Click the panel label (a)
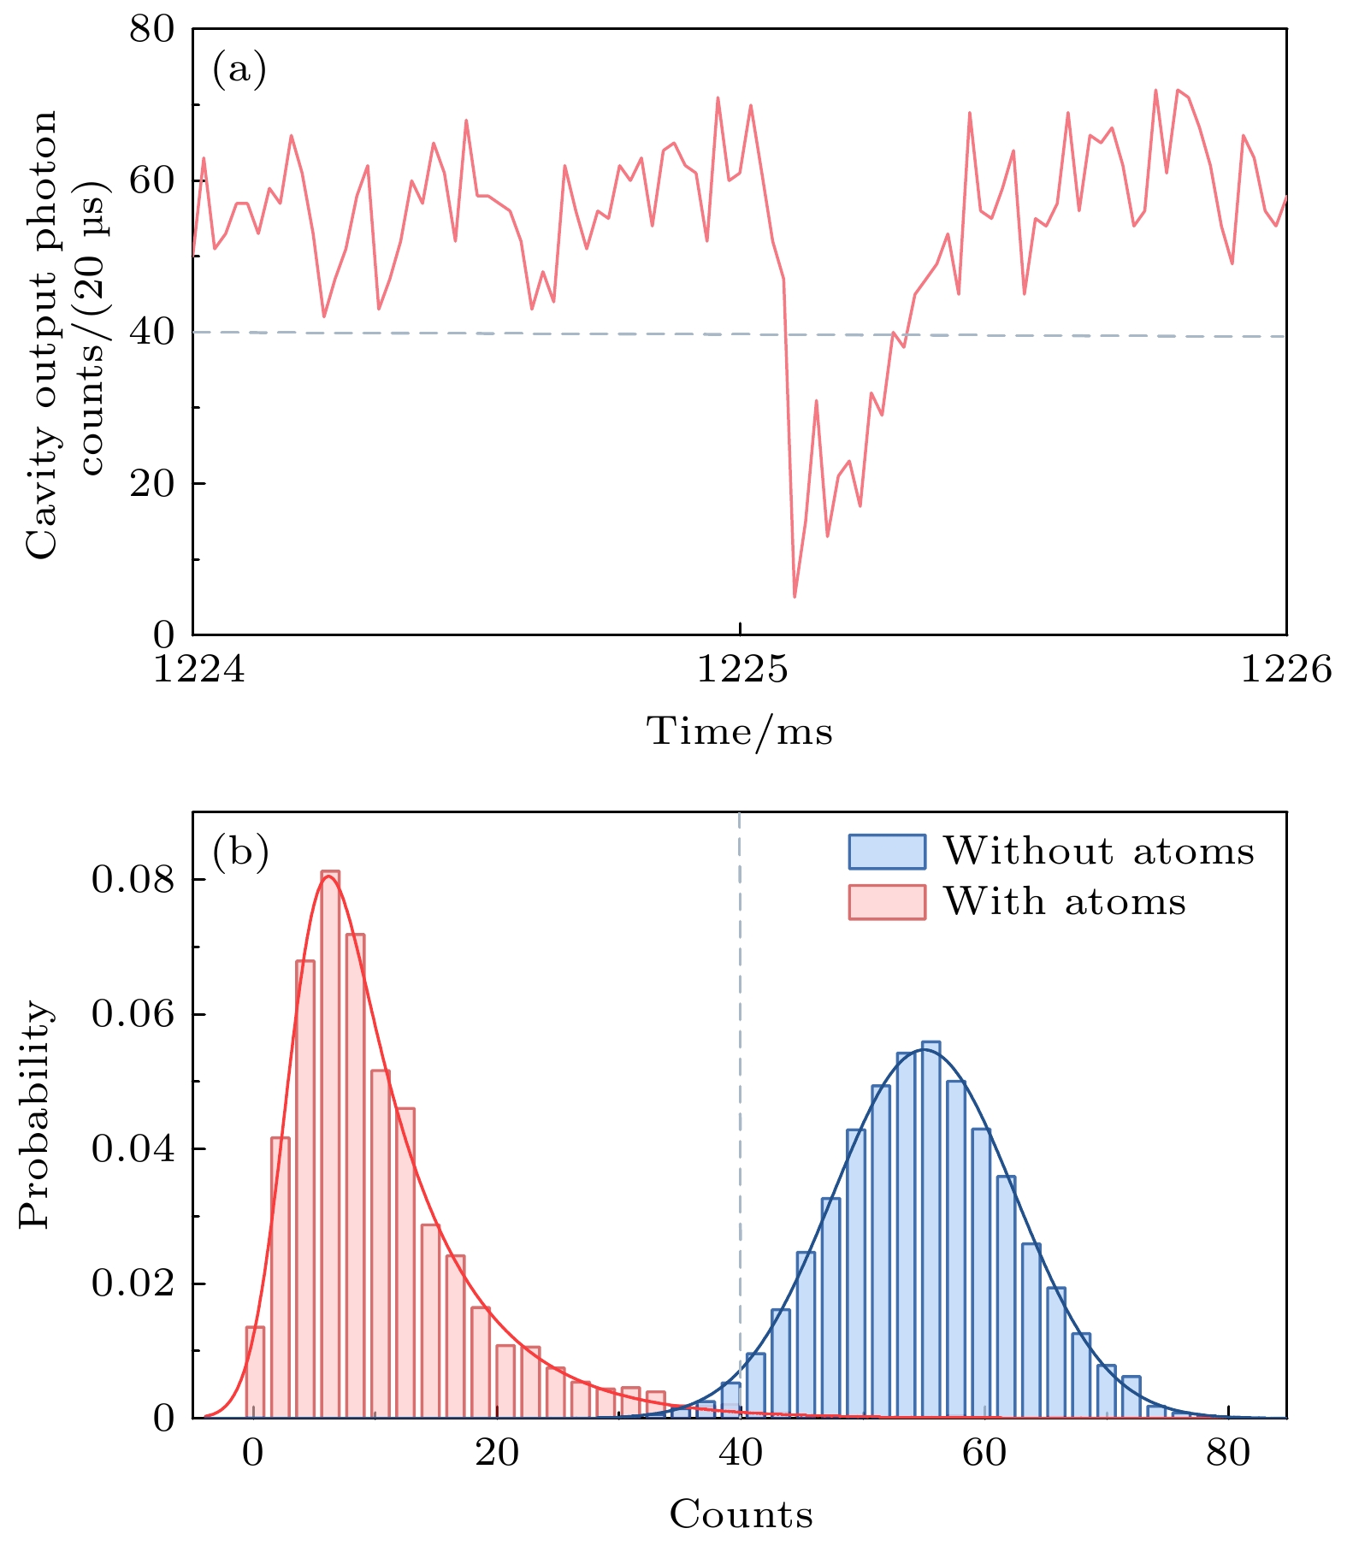point(239,69)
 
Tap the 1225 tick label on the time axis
point(741,669)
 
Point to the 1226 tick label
point(1285,669)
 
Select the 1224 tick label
point(198,669)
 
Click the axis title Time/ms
point(740,732)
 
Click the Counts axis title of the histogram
point(741,1514)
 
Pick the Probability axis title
point(36,1115)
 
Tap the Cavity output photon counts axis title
point(63,333)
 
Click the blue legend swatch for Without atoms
point(887,852)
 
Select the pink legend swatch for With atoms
point(887,902)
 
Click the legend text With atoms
point(1065,902)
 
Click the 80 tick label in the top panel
point(151,30)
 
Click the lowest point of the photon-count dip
point(795,596)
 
